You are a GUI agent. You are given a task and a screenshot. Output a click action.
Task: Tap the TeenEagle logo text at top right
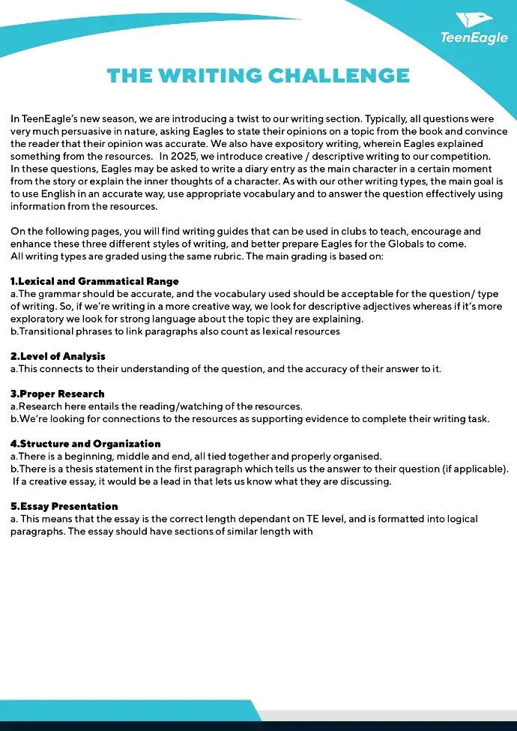click(474, 37)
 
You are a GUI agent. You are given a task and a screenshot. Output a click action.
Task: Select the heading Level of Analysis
click(58, 356)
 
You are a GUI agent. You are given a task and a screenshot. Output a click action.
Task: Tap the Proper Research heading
click(57, 394)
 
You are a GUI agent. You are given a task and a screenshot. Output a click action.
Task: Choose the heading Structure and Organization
click(85, 444)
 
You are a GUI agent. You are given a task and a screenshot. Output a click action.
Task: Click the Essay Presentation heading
click(64, 506)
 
